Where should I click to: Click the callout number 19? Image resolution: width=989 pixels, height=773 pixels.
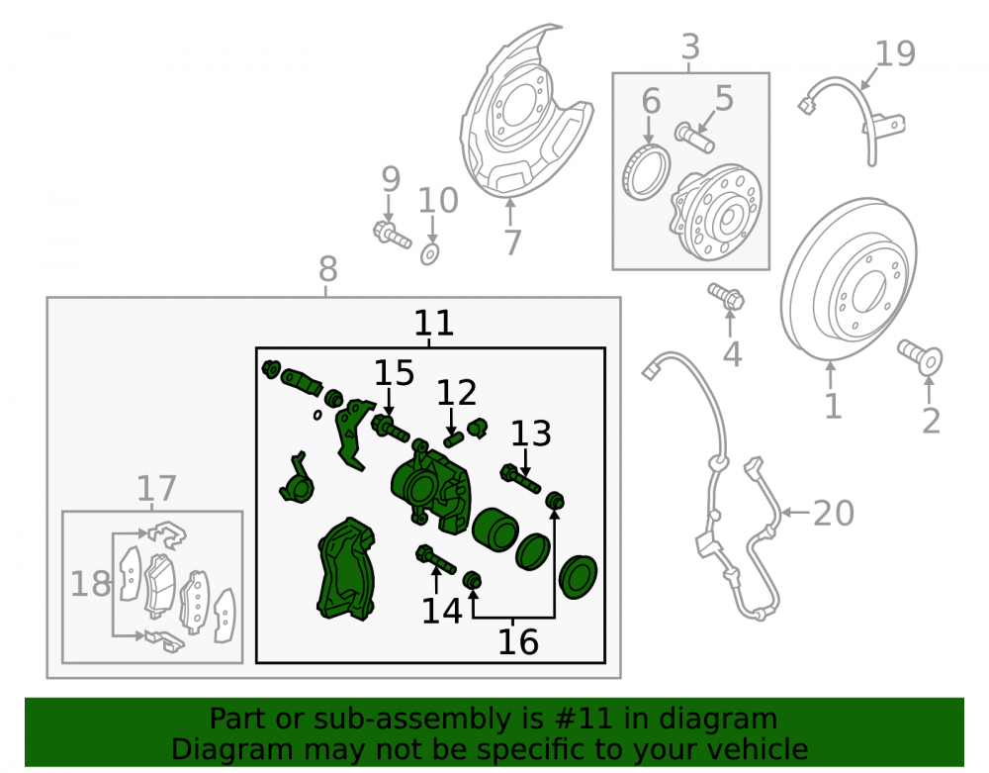[x=895, y=53]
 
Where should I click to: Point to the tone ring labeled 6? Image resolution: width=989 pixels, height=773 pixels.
[x=646, y=172]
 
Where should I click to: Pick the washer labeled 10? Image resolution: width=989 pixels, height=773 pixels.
[x=430, y=253]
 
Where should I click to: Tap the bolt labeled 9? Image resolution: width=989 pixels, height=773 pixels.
[x=392, y=235]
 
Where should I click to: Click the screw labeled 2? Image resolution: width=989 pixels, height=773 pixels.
[x=920, y=356]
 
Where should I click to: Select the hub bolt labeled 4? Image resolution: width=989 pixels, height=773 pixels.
[x=726, y=296]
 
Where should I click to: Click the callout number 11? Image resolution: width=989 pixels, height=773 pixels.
[x=434, y=323]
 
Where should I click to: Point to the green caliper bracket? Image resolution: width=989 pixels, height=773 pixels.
[x=346, y=568]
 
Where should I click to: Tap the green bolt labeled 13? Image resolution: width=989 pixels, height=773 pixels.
[x=520, y=479]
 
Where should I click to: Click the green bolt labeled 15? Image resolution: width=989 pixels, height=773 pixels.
[x=391, y=429]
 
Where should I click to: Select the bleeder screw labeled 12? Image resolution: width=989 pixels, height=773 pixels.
[x=454, y=438]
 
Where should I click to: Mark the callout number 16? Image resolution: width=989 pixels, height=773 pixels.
[x=518, y=641]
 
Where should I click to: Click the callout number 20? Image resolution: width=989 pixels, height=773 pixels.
[x=834, y=513]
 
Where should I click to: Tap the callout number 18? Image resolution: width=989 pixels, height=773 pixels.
[x=91, y=584]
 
